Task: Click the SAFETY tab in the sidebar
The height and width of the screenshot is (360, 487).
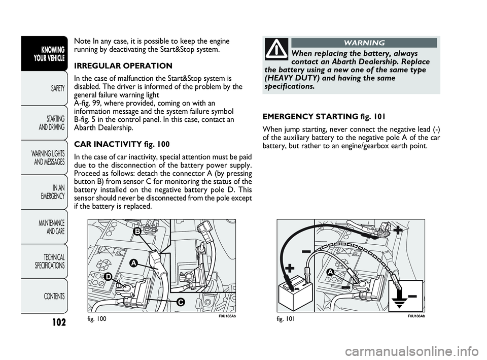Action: (x=55, y=88)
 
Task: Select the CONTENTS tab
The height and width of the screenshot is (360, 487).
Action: (x=53, y=296)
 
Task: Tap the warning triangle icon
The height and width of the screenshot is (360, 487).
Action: (x=276, y=49)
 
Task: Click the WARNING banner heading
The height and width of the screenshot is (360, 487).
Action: (x=364, y=43)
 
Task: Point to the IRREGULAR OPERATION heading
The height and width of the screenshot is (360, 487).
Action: (x=123, y=66)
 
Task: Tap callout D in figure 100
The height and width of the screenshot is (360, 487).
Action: (x=108, y=275)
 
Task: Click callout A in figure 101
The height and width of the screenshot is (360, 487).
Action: (x=329, y=273)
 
